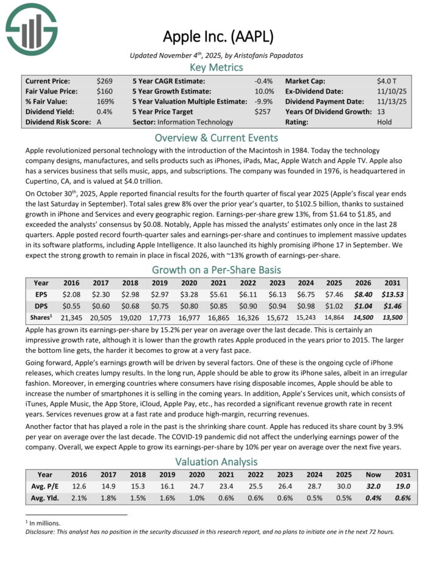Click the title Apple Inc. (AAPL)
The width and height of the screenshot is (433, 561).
216,36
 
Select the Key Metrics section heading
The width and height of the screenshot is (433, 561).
216,67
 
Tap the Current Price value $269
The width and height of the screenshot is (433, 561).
104,81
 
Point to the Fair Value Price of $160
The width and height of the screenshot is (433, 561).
104,91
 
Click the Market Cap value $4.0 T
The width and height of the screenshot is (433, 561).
387,81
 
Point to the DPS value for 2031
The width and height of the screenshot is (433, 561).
392,306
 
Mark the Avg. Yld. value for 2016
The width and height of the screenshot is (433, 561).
79,498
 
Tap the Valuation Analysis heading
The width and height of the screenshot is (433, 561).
216,462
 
